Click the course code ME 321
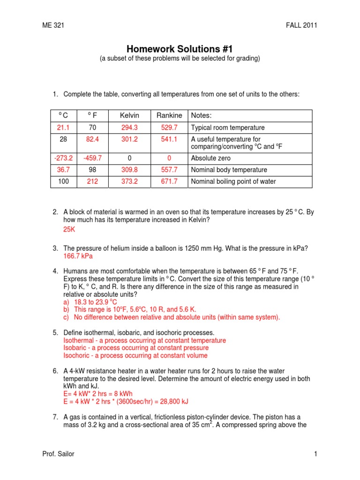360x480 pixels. pyautogui.click(x=53, y=25)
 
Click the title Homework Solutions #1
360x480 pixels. pyautogui.click(x=180, y=49)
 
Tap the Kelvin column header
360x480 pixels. pyautogui.click(x=130, y=116)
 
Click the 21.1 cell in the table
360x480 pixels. pyautogui.click(x=64, y=127)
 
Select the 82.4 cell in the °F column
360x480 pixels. pyautogui.click(x=92, y=139)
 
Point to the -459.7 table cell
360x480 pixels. pyautogui.click(x=92, y=158)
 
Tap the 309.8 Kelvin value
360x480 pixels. pyautogui.click(x=130, y=170)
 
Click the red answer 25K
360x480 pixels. pyautogui.click(x=69, y=230)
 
